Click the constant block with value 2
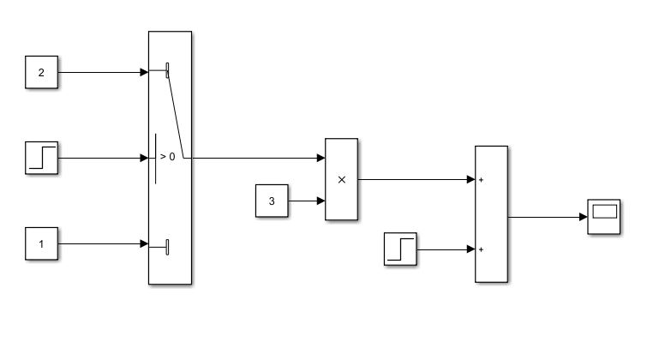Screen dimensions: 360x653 point(40,72)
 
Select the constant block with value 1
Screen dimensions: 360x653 point(40,244)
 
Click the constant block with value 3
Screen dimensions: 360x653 point(272,201)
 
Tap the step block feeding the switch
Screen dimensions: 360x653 point(41,159)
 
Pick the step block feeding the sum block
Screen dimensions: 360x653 point(400,249)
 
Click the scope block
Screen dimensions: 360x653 point(603,217)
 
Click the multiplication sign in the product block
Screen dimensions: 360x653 point(341,180)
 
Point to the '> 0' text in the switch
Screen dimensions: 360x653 point(168,158)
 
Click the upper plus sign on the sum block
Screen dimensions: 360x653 point(482,180)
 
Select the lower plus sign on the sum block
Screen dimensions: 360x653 point(482,249)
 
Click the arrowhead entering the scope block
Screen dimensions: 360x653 point(583,217)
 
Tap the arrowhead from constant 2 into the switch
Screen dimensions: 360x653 point(144,72)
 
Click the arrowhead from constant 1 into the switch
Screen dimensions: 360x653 point(144,244)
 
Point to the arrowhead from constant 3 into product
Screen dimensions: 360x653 point(321,201)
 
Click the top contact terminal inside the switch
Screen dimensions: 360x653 point(167,69)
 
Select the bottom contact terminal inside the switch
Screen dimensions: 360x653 point(167,247)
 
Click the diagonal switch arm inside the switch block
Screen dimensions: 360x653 point(177,115)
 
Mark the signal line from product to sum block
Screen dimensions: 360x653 point(411,180)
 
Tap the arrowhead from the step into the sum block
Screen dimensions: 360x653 point(470,249)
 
